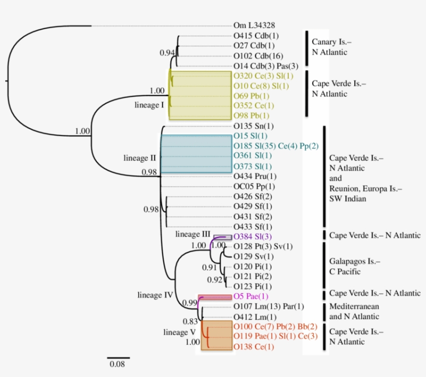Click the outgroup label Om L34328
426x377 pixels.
point(254,25)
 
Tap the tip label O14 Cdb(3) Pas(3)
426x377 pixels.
point(265,66)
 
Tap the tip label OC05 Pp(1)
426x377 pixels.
point(254,186)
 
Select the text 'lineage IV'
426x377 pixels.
point(155,295)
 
